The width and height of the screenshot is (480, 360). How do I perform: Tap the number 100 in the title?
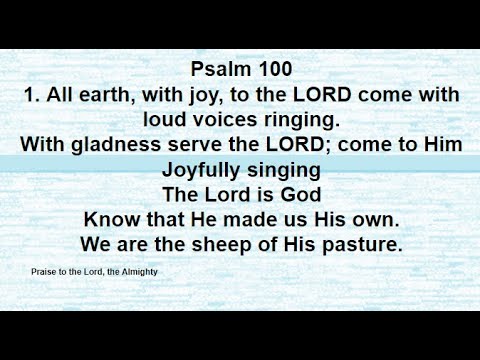272,70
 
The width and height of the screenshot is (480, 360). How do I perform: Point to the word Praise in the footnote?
48,271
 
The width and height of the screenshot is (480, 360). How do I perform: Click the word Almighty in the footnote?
138,271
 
